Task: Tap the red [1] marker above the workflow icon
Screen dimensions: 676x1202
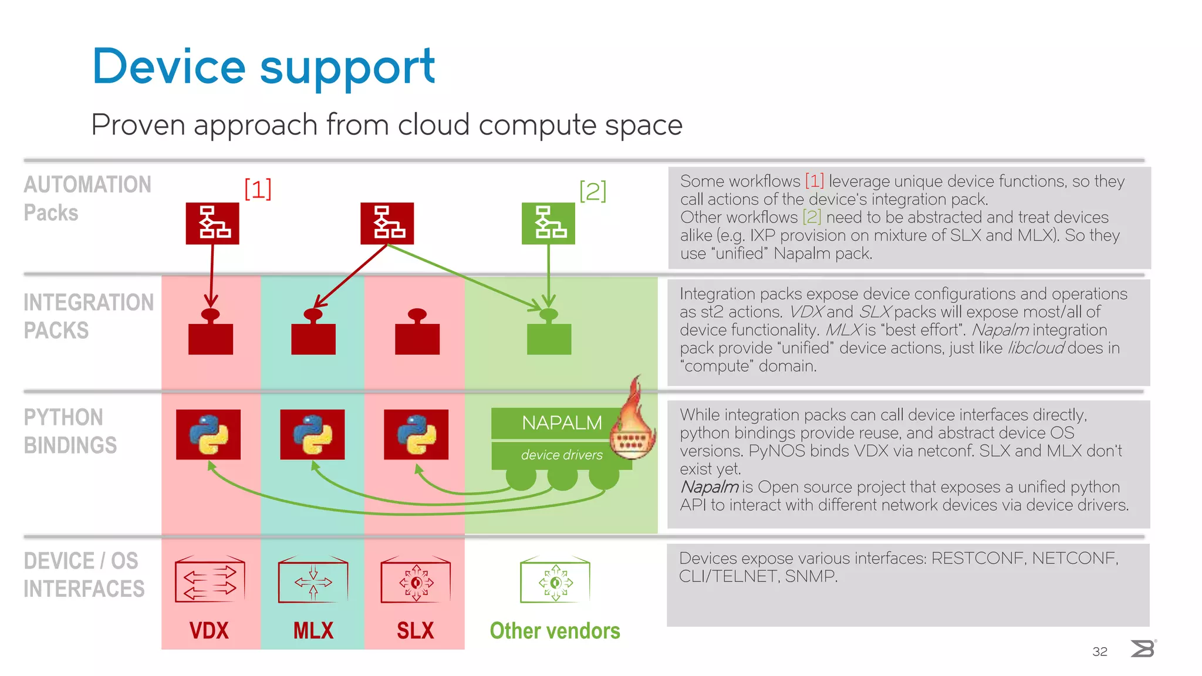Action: coord(258,189)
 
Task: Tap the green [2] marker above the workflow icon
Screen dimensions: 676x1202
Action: coord(592,191)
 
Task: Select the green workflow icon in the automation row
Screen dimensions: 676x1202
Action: coord(548,224)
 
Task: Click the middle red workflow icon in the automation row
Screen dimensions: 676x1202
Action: coord(387,224)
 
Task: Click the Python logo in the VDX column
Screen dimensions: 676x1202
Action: coord(208,435)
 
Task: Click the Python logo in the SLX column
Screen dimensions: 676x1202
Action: coord(416,435)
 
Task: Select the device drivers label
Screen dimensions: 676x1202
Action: coord(562,455)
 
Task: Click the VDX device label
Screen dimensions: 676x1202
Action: coord(209,631)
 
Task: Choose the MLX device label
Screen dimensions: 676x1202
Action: coord(313,631)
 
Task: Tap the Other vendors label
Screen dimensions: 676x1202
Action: coord(555,631)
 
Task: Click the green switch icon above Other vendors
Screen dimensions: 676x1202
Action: coord(555,580)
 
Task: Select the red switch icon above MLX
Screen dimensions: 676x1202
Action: coord(313,580)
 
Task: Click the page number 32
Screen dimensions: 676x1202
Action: coord(1099,651)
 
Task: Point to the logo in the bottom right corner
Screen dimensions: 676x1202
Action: coord(1143,648)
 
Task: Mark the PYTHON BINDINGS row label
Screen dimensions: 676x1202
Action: coord(70,431)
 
